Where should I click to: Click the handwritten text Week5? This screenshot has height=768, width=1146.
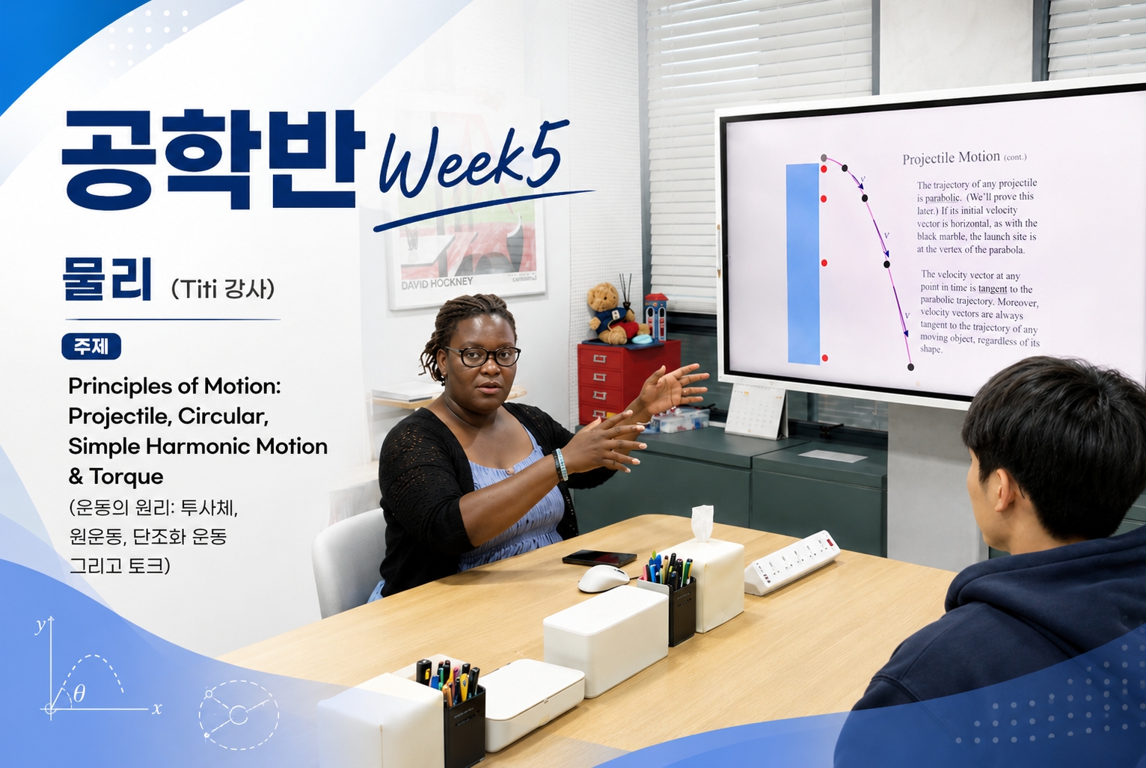click(474, 161)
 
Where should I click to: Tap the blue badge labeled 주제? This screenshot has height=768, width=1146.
click(91, 346)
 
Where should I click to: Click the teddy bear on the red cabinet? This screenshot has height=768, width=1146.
click(611, 313)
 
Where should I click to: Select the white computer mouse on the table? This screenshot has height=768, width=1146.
click(604, 578)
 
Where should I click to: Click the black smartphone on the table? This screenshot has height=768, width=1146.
click(599, 558)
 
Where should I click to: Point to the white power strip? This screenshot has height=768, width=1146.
click(791, 562)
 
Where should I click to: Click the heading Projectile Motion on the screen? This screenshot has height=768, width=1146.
click(951, 158)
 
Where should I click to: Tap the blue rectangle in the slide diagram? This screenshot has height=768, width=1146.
click(803, 264)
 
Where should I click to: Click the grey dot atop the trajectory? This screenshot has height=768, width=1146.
click(824, 158)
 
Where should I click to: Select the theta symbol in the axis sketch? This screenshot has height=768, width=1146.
click(79, 694)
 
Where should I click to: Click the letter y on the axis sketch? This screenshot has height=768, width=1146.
click(40, 625)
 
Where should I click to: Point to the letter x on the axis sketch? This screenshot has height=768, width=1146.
click(156, 709)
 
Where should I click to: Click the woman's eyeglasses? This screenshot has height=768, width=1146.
click(482, 357)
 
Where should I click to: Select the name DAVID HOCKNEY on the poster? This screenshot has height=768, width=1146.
click(437, 283)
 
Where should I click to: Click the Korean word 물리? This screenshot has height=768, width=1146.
click(107, 279)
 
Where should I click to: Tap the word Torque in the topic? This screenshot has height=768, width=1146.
click(126, 476)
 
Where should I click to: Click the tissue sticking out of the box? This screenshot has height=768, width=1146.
click(702, 523)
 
